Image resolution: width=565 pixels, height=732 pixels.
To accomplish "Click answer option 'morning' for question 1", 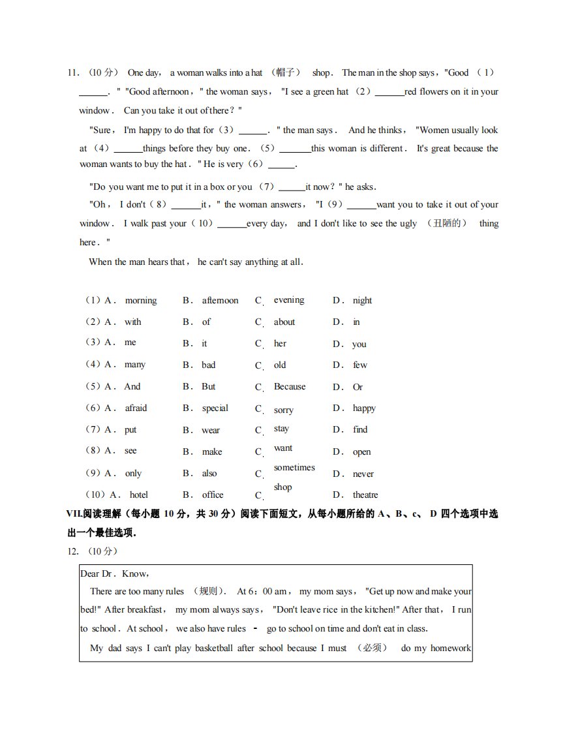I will point(140,301).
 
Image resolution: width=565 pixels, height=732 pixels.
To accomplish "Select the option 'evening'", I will point(288,300).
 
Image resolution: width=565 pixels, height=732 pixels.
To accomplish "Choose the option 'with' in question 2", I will point(132,322).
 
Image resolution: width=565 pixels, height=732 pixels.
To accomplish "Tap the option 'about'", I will point(284,322).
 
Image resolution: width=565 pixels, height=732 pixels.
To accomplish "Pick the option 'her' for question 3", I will point(280,343).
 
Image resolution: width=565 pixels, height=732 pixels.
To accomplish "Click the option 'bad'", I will point(208,365).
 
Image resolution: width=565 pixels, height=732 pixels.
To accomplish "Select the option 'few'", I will point(360,365).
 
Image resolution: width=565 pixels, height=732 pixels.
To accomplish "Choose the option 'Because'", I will point(289,386).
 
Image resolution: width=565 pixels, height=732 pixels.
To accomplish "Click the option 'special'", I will point(215,408).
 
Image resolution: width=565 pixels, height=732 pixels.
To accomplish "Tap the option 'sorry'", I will point(283,410).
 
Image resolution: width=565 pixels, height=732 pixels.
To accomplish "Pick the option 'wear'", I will point(211,430).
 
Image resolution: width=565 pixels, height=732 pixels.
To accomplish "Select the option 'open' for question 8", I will point(361,451).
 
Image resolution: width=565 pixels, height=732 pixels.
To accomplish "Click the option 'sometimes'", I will point(294,468).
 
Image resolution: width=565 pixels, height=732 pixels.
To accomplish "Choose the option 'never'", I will point(363,474).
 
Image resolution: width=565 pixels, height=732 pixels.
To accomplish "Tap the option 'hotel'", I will point(138,495).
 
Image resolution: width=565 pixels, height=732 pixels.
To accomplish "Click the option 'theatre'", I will point(365,495).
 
